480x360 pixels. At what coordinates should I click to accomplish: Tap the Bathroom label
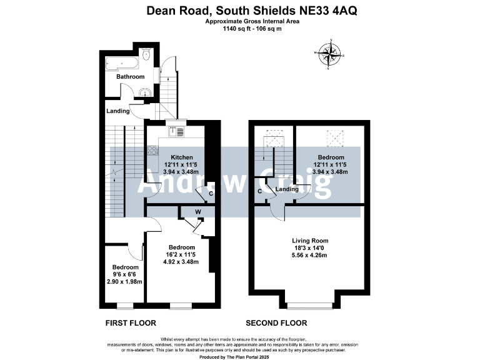coord(131,77)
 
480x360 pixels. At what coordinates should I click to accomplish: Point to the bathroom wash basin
coord(146,93)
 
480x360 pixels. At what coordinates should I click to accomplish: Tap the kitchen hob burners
coord(152,150)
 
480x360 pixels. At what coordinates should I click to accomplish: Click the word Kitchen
coord(182,157)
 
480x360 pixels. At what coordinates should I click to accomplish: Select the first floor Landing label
coord(118,111)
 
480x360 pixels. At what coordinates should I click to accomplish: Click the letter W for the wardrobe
coord(197,212)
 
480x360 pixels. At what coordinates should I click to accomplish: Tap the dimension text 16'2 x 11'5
coord(182,254)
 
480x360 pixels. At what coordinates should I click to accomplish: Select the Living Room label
coord(311,241)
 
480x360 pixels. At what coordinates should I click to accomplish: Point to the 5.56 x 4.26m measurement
coord(311,254)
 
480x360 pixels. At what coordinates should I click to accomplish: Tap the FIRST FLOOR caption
coord(130,323)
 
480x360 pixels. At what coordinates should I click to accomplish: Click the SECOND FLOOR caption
coord(276,323)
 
